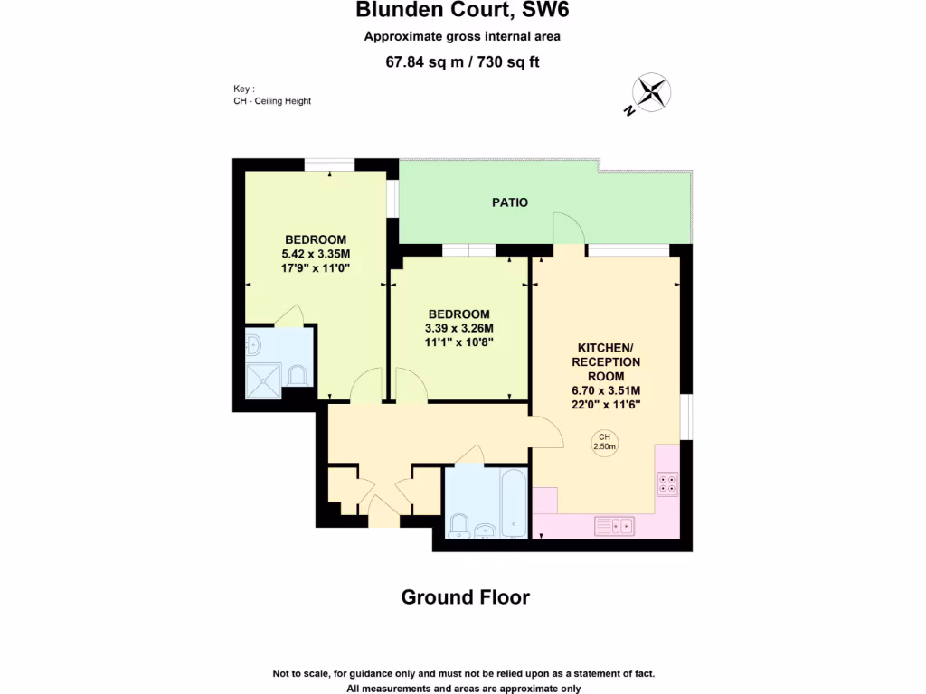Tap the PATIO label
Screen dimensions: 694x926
pyautogui.click(x=510, y=202)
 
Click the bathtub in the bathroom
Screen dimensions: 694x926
pyautogui.click(x=513, y=502)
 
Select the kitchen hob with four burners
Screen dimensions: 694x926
pyautogui.click(x=667, y=484)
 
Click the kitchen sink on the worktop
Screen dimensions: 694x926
pyautogui.click(x=614, y=524)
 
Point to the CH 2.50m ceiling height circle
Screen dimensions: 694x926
pyautogui.click(x=604, y=441)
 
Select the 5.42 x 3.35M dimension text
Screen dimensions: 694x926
pyautogui.click(x=316, y=254)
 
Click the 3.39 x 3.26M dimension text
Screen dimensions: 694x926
pyautogui.click(x=458, y=328)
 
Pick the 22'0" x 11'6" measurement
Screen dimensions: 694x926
pyautogui.click(x=606, y=404)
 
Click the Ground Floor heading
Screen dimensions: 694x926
pyautogui.click(x=465, y=597)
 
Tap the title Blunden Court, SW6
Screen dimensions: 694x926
pyautogui.click(x=462, y=11)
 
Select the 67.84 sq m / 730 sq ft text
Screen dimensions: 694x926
pyautogui.click(x=462, y=62)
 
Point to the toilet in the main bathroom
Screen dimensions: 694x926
pyautogui.click(x=458, y=525)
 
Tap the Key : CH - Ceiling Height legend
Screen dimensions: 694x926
pyautogui.click(x=271, y=96)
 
